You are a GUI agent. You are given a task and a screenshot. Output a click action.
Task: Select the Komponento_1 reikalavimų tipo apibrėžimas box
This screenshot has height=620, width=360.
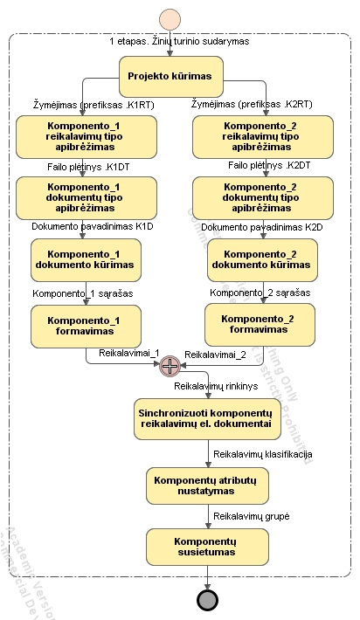tap(86, 137)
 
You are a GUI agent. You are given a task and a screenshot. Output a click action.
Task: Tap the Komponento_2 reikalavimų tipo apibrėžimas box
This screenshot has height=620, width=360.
tap(261, 137)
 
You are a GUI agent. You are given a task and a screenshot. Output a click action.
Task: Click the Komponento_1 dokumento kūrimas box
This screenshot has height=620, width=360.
tap(86, 259)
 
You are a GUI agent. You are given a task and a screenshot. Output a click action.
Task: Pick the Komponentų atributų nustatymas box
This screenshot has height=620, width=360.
tap(206, 486)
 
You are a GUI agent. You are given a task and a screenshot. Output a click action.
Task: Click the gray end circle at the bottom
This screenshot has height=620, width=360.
tap(207, 601)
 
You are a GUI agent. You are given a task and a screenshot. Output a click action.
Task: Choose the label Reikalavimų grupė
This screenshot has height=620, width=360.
tap(252, 517)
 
